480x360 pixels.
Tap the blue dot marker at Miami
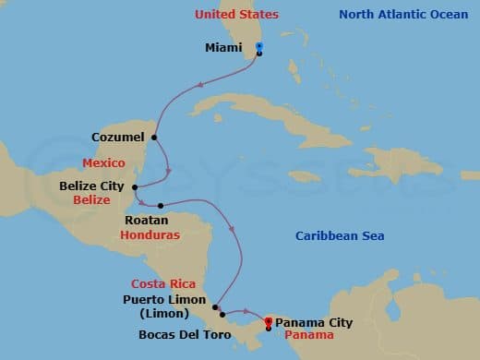[259, 45]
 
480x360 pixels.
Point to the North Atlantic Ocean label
[403, 15]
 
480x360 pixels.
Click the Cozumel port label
[117, 138]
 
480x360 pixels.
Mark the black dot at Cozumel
[154, 138]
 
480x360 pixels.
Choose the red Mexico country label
[103, 162]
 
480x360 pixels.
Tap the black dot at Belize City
[136, 186]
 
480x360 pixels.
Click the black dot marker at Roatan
[161, 205]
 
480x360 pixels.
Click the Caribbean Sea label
[340, 236]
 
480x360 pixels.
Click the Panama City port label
[314, 322]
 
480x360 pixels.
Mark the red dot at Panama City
[268, 321]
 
